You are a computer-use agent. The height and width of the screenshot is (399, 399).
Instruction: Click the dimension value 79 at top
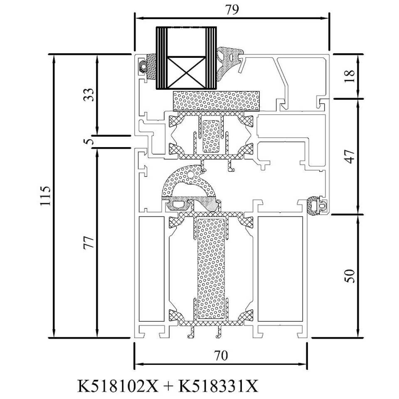coord(232,10)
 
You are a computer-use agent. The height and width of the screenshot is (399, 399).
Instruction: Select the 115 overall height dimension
coord(46,196)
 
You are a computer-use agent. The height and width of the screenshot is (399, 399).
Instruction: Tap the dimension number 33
coord(89,95)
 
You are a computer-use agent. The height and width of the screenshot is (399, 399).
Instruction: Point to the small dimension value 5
coord(89,141)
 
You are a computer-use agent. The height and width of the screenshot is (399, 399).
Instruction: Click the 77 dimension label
coord(89,242)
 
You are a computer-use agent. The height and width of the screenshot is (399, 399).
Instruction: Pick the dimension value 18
coord(350,76)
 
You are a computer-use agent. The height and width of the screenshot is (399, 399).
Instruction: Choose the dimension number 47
coord(350,157)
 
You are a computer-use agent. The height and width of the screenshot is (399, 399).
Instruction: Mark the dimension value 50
coord(350,276)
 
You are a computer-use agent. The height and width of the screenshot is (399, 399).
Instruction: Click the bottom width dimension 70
coord(221,355)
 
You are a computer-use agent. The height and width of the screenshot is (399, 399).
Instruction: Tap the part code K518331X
coord(218,386)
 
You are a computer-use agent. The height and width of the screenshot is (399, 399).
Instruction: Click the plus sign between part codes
coord(168,386)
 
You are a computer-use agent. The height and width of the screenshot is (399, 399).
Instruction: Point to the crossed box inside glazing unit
coord(187,72)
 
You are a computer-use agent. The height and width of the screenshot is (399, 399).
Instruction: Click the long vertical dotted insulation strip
coord(211,268)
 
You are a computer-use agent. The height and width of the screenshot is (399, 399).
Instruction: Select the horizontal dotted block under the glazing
coord(216,101)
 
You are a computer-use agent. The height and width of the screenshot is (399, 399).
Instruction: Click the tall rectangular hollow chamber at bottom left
coord(151,269)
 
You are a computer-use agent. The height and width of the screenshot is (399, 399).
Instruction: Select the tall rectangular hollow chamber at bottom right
coord(280,269)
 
